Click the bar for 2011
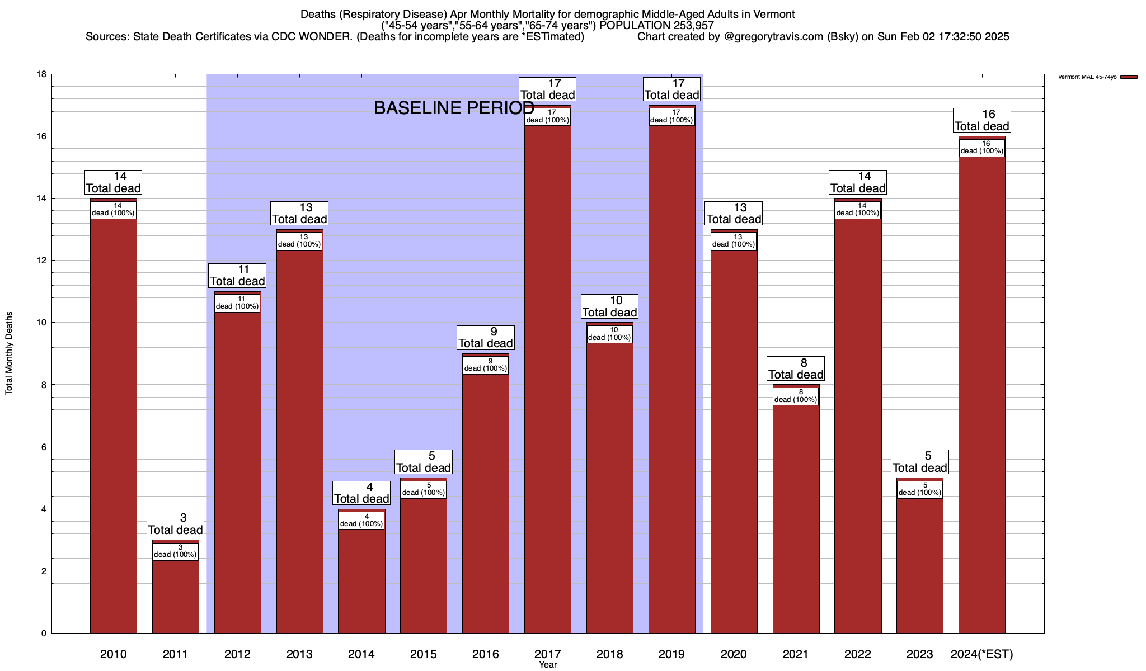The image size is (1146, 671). pos(175,596)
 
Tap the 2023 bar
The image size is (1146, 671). pos(919,565)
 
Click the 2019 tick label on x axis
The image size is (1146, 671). pos(671,654)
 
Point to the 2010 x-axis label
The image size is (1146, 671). pos(113,654)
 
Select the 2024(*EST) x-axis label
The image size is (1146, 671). pos(981,654)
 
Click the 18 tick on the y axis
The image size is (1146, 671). pos(41,74)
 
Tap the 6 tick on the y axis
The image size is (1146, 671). pos(44,447)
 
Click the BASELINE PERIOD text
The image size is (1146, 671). pos(454,108)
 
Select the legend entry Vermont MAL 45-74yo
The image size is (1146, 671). pos(1097,77)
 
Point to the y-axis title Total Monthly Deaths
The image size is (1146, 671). pos(9,353)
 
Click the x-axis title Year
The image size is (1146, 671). pos(548,665)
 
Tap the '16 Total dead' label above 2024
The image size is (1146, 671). pos(981,120)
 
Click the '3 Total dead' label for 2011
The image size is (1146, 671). pos(175,524)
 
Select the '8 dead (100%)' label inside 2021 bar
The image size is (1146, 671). pos(795,396)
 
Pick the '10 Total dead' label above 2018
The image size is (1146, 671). pos(609,306)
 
